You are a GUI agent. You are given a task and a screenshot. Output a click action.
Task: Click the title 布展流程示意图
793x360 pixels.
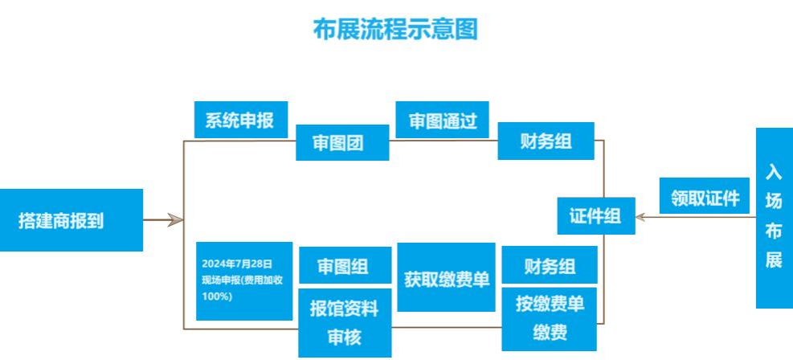[395, 30]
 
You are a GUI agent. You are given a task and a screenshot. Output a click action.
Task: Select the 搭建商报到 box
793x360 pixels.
[72, 220]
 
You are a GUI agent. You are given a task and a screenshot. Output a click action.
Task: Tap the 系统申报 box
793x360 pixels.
[240, 121]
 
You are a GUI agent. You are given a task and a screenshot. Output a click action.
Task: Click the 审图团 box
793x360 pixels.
[343, 143]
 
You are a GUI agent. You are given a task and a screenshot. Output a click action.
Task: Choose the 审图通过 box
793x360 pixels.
[443, 121]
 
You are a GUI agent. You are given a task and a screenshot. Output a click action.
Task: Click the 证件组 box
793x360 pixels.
[596, 215]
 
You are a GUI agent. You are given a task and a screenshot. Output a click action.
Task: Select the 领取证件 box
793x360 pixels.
[705, 197]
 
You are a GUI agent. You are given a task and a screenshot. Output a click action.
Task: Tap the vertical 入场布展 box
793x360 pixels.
[774, 217]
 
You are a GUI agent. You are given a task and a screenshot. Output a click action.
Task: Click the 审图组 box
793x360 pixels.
[345, 265]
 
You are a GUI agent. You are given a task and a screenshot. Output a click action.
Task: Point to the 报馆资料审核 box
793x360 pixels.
[344, 321]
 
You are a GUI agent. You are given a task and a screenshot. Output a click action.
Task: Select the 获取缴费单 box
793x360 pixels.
[447, 277]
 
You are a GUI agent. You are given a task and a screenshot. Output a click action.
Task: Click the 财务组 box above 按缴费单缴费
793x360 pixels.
[550, 264]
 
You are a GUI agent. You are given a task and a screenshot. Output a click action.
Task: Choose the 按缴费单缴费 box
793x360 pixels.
[550, 318]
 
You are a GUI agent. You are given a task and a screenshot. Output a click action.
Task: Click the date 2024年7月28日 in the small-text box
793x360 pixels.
[237, 263]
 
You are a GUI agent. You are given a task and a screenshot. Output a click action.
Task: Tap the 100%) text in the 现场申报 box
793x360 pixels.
[218, 297]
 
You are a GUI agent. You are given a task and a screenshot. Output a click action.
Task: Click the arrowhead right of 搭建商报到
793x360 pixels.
[175, 219]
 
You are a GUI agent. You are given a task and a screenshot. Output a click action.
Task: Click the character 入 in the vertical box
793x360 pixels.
[774, 173]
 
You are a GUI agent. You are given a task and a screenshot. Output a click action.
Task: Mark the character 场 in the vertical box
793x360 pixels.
[774, 202]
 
